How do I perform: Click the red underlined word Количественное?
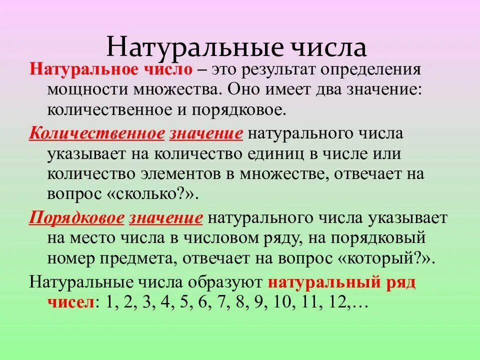tap(96, 134)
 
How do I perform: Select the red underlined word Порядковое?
tap(76, 219)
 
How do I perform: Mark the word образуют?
tap(224, 282)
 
